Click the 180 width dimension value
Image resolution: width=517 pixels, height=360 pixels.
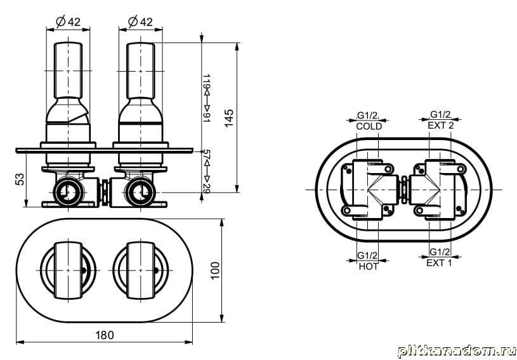[x=105, y=335]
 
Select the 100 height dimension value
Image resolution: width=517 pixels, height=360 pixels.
[x=214, y=271]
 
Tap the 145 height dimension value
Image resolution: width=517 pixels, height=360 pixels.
[x=229, y=118]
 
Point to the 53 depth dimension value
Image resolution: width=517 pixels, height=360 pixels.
[x=20, y=179]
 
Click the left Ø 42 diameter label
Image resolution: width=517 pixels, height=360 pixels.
[x=69, y=22]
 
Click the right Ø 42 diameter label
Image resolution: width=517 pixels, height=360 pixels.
[x=140, y=22]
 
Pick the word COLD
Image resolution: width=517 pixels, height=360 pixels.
[x=369, y=126]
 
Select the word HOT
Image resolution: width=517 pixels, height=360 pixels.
[x=369, y=266]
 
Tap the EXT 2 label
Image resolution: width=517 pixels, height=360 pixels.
[x=441, y=125]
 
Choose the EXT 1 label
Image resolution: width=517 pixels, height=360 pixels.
[x=439, y=263]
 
